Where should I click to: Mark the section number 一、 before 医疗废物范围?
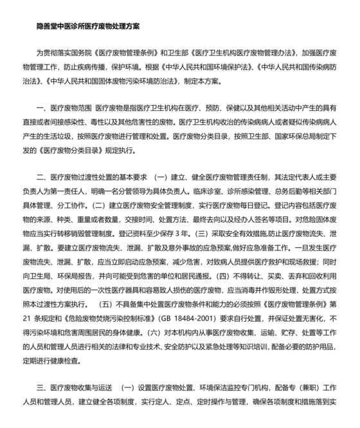click(44, 112)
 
